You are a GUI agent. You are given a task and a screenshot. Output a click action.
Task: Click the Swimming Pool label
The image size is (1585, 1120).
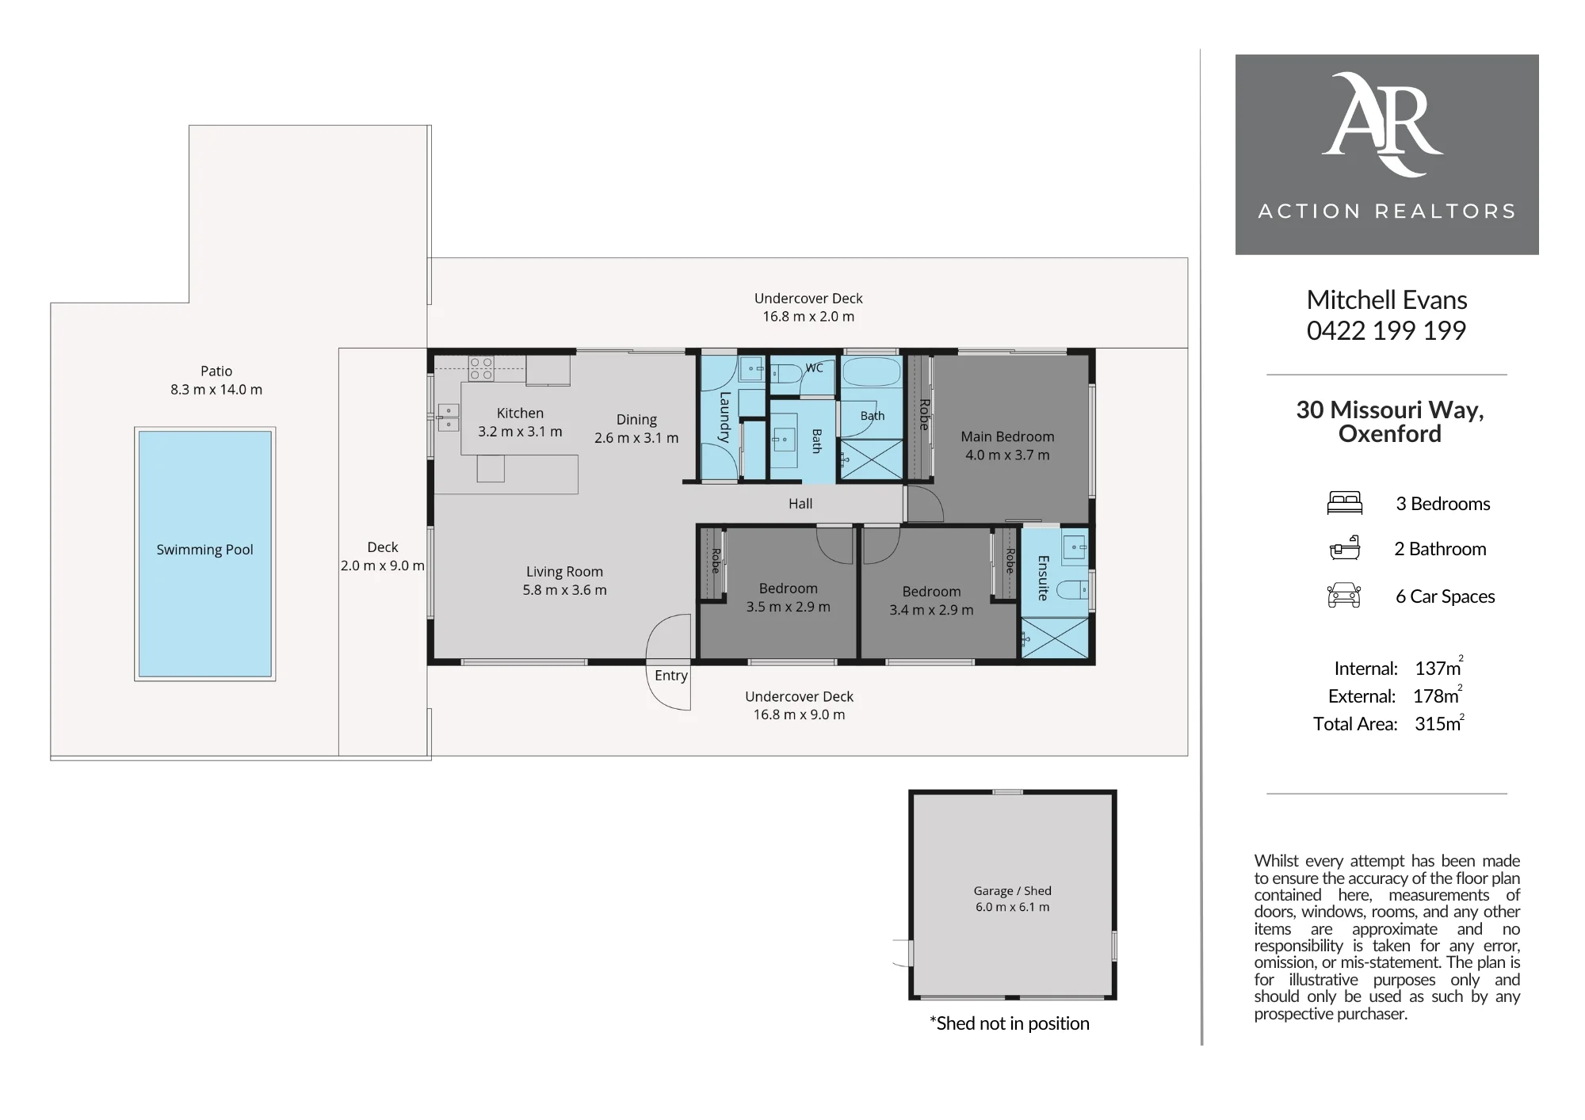coord(204,550)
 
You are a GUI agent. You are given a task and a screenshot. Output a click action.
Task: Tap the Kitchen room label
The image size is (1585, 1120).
coord(520,413)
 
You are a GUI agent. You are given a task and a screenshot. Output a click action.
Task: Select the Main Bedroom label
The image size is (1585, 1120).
coord(1007,436)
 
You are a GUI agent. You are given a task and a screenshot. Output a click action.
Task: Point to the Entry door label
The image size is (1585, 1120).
coord(671,676)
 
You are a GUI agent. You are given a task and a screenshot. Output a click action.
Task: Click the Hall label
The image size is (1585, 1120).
coord(800,503)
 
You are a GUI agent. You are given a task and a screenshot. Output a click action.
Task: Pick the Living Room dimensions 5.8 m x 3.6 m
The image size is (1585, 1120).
coord(564,590)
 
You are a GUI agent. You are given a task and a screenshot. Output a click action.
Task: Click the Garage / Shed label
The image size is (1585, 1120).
coord(1013,890)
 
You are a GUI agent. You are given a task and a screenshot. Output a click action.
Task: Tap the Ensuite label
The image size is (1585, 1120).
coord(1043,577)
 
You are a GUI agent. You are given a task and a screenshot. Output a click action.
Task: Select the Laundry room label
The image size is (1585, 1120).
coord(724,417)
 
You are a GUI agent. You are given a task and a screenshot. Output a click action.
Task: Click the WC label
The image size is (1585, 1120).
coord(814,368)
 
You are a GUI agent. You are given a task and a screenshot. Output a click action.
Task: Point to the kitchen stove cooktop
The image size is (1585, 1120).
coord(481,369)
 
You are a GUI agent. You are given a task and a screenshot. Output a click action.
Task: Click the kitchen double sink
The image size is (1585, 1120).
coord(449,417)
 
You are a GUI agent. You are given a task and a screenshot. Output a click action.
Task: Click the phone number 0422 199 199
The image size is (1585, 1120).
coord(1386,330)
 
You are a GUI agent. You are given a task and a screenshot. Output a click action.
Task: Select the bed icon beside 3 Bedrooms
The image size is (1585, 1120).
coord(1344,503)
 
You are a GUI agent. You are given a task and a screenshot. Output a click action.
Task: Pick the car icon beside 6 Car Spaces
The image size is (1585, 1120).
coord(1344,595)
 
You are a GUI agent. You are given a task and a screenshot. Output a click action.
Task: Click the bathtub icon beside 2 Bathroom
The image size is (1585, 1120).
coord(1344,548)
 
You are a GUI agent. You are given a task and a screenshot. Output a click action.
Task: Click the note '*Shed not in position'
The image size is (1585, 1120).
coord(1009,1023)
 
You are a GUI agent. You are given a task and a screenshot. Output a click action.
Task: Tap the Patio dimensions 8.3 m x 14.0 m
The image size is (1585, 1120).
coord(216,390)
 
